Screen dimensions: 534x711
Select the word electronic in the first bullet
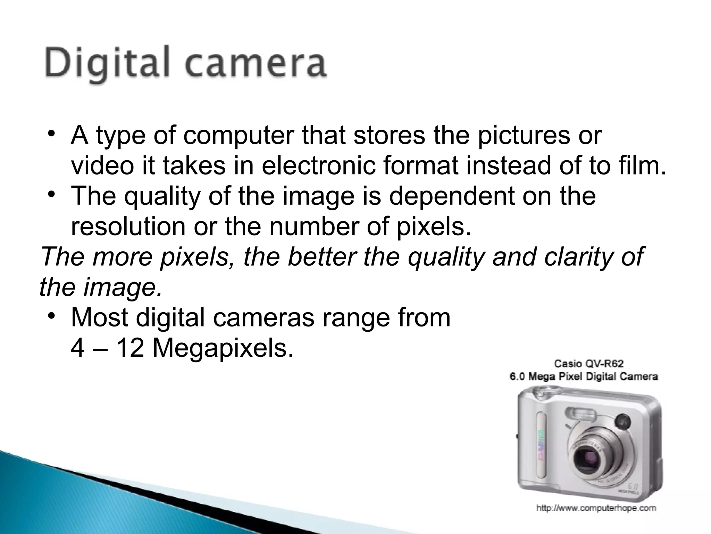click(319, 166)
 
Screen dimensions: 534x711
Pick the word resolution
click(128, 226)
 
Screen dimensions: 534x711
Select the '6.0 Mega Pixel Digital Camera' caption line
click(583, 377)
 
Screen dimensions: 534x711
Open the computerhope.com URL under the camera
click(596, 508)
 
